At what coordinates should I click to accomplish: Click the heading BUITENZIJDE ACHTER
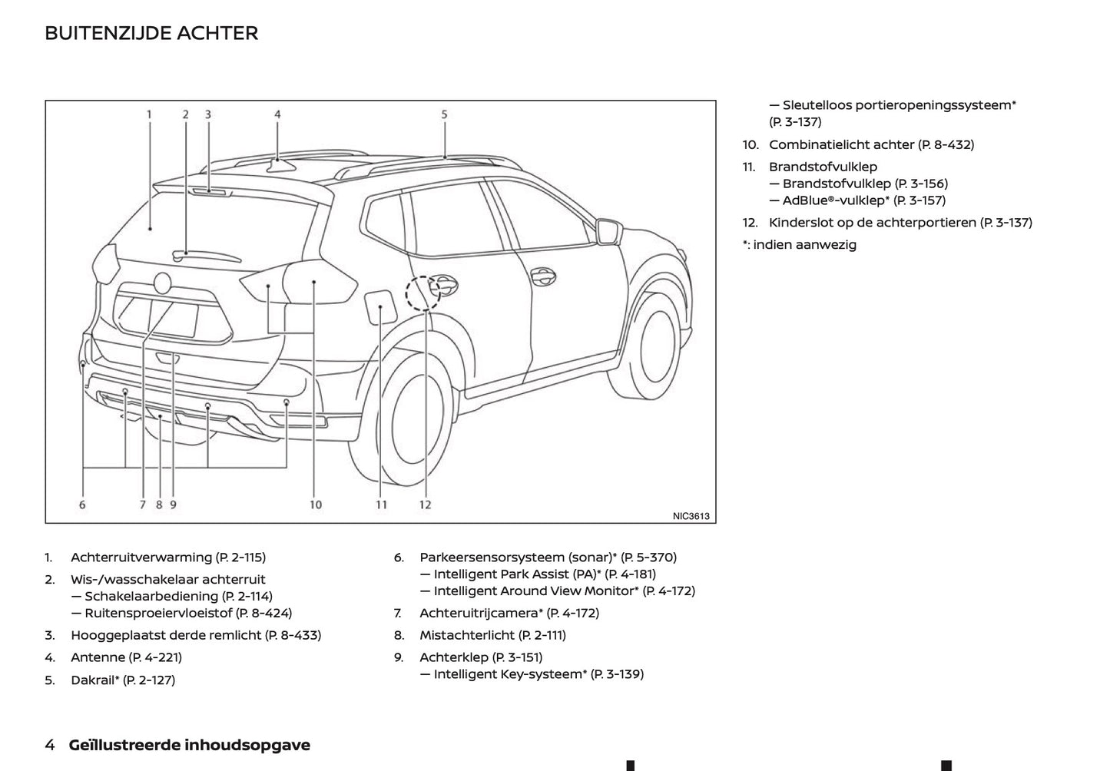click(x=151, y=33)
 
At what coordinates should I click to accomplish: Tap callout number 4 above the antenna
click(x=277, y=114)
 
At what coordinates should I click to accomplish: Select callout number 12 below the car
click(x=426, y=505)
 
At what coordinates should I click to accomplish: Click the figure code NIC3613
click(x=691, y=516)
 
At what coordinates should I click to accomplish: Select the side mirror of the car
click(x=610, y=230)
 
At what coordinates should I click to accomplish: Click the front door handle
click(x=542, y=276)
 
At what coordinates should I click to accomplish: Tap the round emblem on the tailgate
click(x=163, y=283)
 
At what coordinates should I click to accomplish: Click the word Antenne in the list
click(x=98, y=657)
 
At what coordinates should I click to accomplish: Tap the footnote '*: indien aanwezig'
click(x=799, y=245)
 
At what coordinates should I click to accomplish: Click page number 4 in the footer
click(x=50, y=745)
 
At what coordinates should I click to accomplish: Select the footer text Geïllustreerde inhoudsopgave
click(x=190, y=745)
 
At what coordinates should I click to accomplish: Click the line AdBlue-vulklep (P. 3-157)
click(x=863, y=200)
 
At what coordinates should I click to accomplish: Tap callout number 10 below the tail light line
click(x=315, y=505)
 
